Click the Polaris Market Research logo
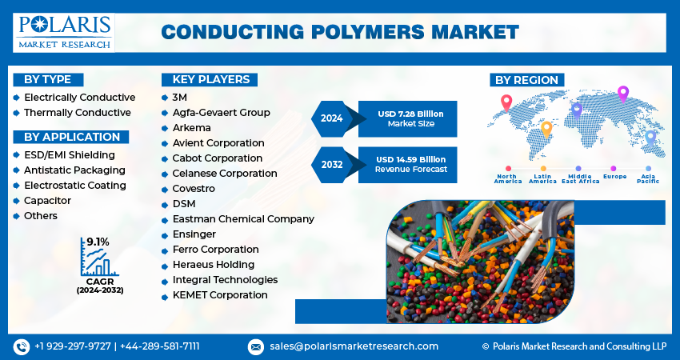[63, 32]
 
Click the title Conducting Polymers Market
[339, 32]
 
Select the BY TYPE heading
[47, 79]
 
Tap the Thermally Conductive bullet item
[77, 112]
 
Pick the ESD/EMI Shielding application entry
[69, 154]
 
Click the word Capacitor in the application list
[47, 200]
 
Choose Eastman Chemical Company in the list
[243, 218]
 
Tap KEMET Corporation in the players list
[220, 294]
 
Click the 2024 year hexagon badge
[331, 118]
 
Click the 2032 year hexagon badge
[331, 164]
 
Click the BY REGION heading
[526, 79]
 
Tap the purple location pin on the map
[623, 93]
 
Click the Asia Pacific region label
[648, 178]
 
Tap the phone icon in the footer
[21, 346]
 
